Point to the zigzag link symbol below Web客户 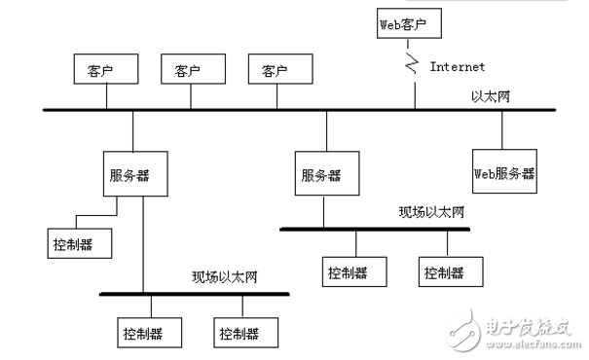point(413,66)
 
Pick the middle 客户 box point(187,71)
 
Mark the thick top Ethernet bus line point(243,110)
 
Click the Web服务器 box point(504,173)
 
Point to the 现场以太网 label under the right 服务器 point(431,212)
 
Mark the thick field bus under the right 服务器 point(375,230)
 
